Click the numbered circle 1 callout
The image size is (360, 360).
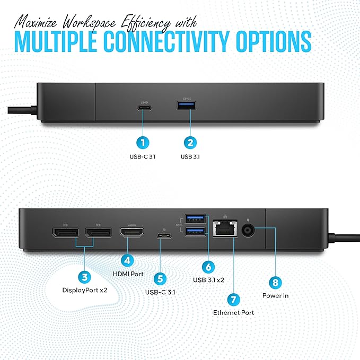click(x=142, y=142)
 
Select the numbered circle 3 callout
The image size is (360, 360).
click(x=84, y=276)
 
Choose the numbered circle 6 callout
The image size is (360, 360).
click(x=209, y=266)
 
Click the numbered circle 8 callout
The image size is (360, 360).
click(x=275, y=282)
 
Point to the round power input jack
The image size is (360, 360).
click(x=249, y=231)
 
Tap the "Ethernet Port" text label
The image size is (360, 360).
click(x=233, y=313)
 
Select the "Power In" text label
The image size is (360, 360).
click(x=275, y=295)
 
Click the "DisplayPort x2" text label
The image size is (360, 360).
click(x=84, y=290)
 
